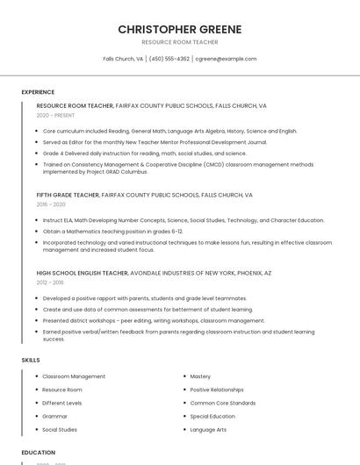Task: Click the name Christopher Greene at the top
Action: (x=180, y=29)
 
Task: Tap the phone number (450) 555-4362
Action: (x=169, y=59)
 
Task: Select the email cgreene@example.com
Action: (x=226, y=59)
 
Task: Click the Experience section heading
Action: (x=38, y=91)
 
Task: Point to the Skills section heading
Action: (x=31, y=360)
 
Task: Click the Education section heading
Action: (x=39, y=452)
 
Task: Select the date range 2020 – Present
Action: (x=55, y=115)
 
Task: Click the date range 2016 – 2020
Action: (x=51, y=204)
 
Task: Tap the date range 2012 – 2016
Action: (x=50, y=283)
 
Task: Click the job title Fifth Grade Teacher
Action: (x=68, y=195)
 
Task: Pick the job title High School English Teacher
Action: (x=83, y=273)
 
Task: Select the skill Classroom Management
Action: (x=74, y=376)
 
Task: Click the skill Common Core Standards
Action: (x=223, y=403)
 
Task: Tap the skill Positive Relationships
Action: (x=217, y=390)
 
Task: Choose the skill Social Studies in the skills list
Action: (x=60, y=430)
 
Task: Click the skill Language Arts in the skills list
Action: (x=208, y=430)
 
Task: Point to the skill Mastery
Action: (x=200, y=376)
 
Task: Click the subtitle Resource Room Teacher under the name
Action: (x=180, y=41)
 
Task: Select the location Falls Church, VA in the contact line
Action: (x=123, y=59)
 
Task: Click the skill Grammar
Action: (x=54, y=416)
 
